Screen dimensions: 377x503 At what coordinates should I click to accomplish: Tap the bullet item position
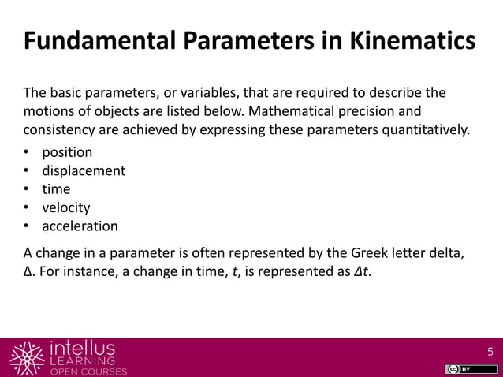point(67,151)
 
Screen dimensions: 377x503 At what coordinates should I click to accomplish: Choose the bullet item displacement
point(84,170)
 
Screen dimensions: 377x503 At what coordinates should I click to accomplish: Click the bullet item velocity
point(66,207)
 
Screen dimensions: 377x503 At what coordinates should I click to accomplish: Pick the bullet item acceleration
point(80,226)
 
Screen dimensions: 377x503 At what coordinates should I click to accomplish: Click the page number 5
point(490,352)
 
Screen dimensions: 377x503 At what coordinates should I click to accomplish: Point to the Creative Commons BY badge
point(458,369)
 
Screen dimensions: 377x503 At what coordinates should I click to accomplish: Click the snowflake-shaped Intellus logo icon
point(26,357)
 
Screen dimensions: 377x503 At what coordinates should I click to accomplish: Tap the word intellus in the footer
point(81,348)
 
